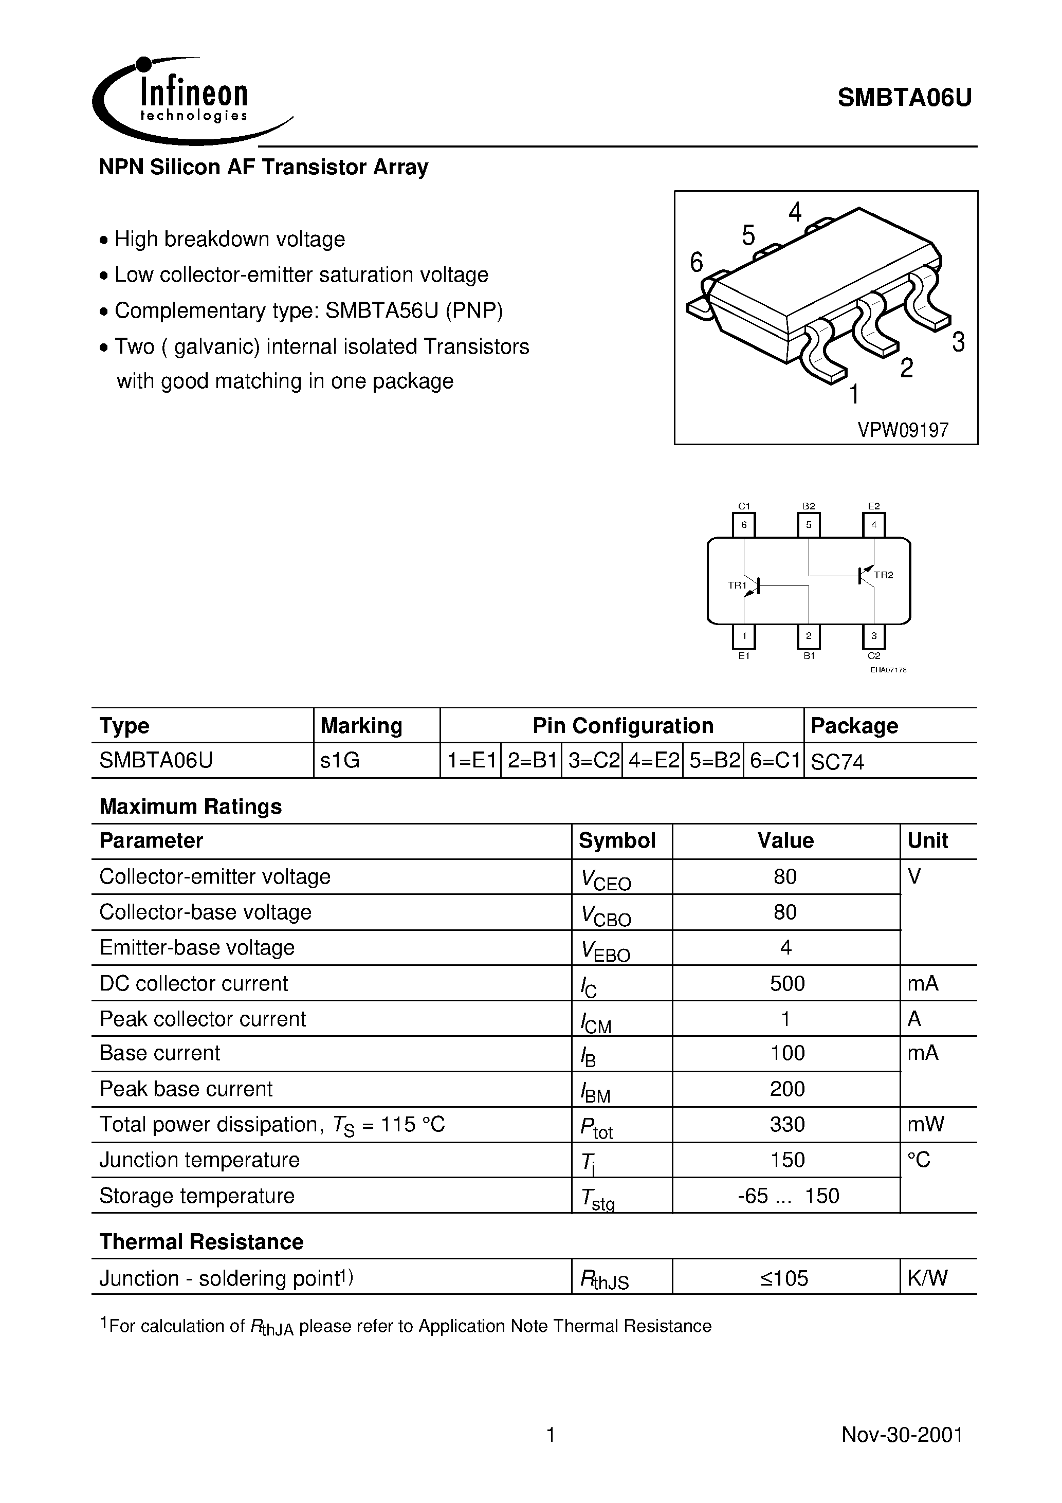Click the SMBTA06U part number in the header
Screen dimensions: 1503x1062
click(x=904, y=98)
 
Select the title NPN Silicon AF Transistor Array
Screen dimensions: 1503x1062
click(x=263, y=168)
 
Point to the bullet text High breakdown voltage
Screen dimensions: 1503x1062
click(x=229, y=240)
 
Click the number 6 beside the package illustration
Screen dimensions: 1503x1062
click(x=696, y=263)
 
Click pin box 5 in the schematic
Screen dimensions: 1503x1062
click(x=809, y=525)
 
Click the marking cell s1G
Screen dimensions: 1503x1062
click(x=340, y=761)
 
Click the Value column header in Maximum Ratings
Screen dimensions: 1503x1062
click(x=785, y=841)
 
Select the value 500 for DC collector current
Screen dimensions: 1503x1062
click(x=786, y=983)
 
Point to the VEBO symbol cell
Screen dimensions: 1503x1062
click(x=605, y=950)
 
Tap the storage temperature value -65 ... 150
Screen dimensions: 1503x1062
click(x=788, y=1196)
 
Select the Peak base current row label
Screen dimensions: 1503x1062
click(x=186, y=1089)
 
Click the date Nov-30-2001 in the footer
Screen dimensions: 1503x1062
click(x=902, y=1435)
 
